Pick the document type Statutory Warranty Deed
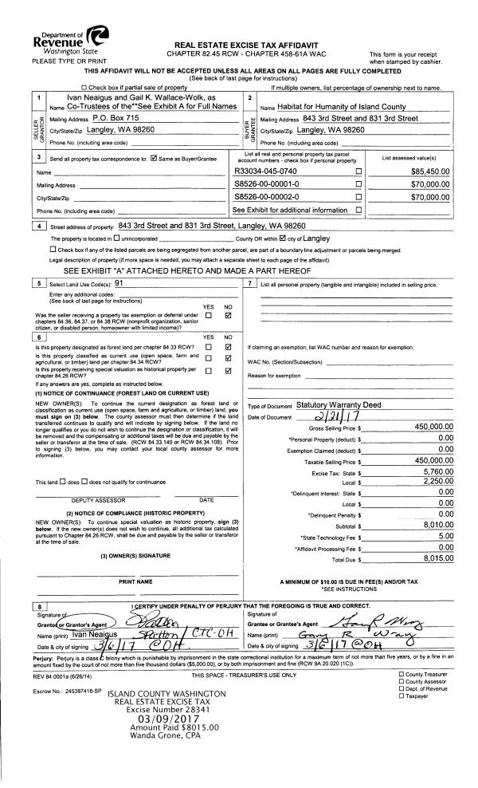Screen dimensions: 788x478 pos(341,404)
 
